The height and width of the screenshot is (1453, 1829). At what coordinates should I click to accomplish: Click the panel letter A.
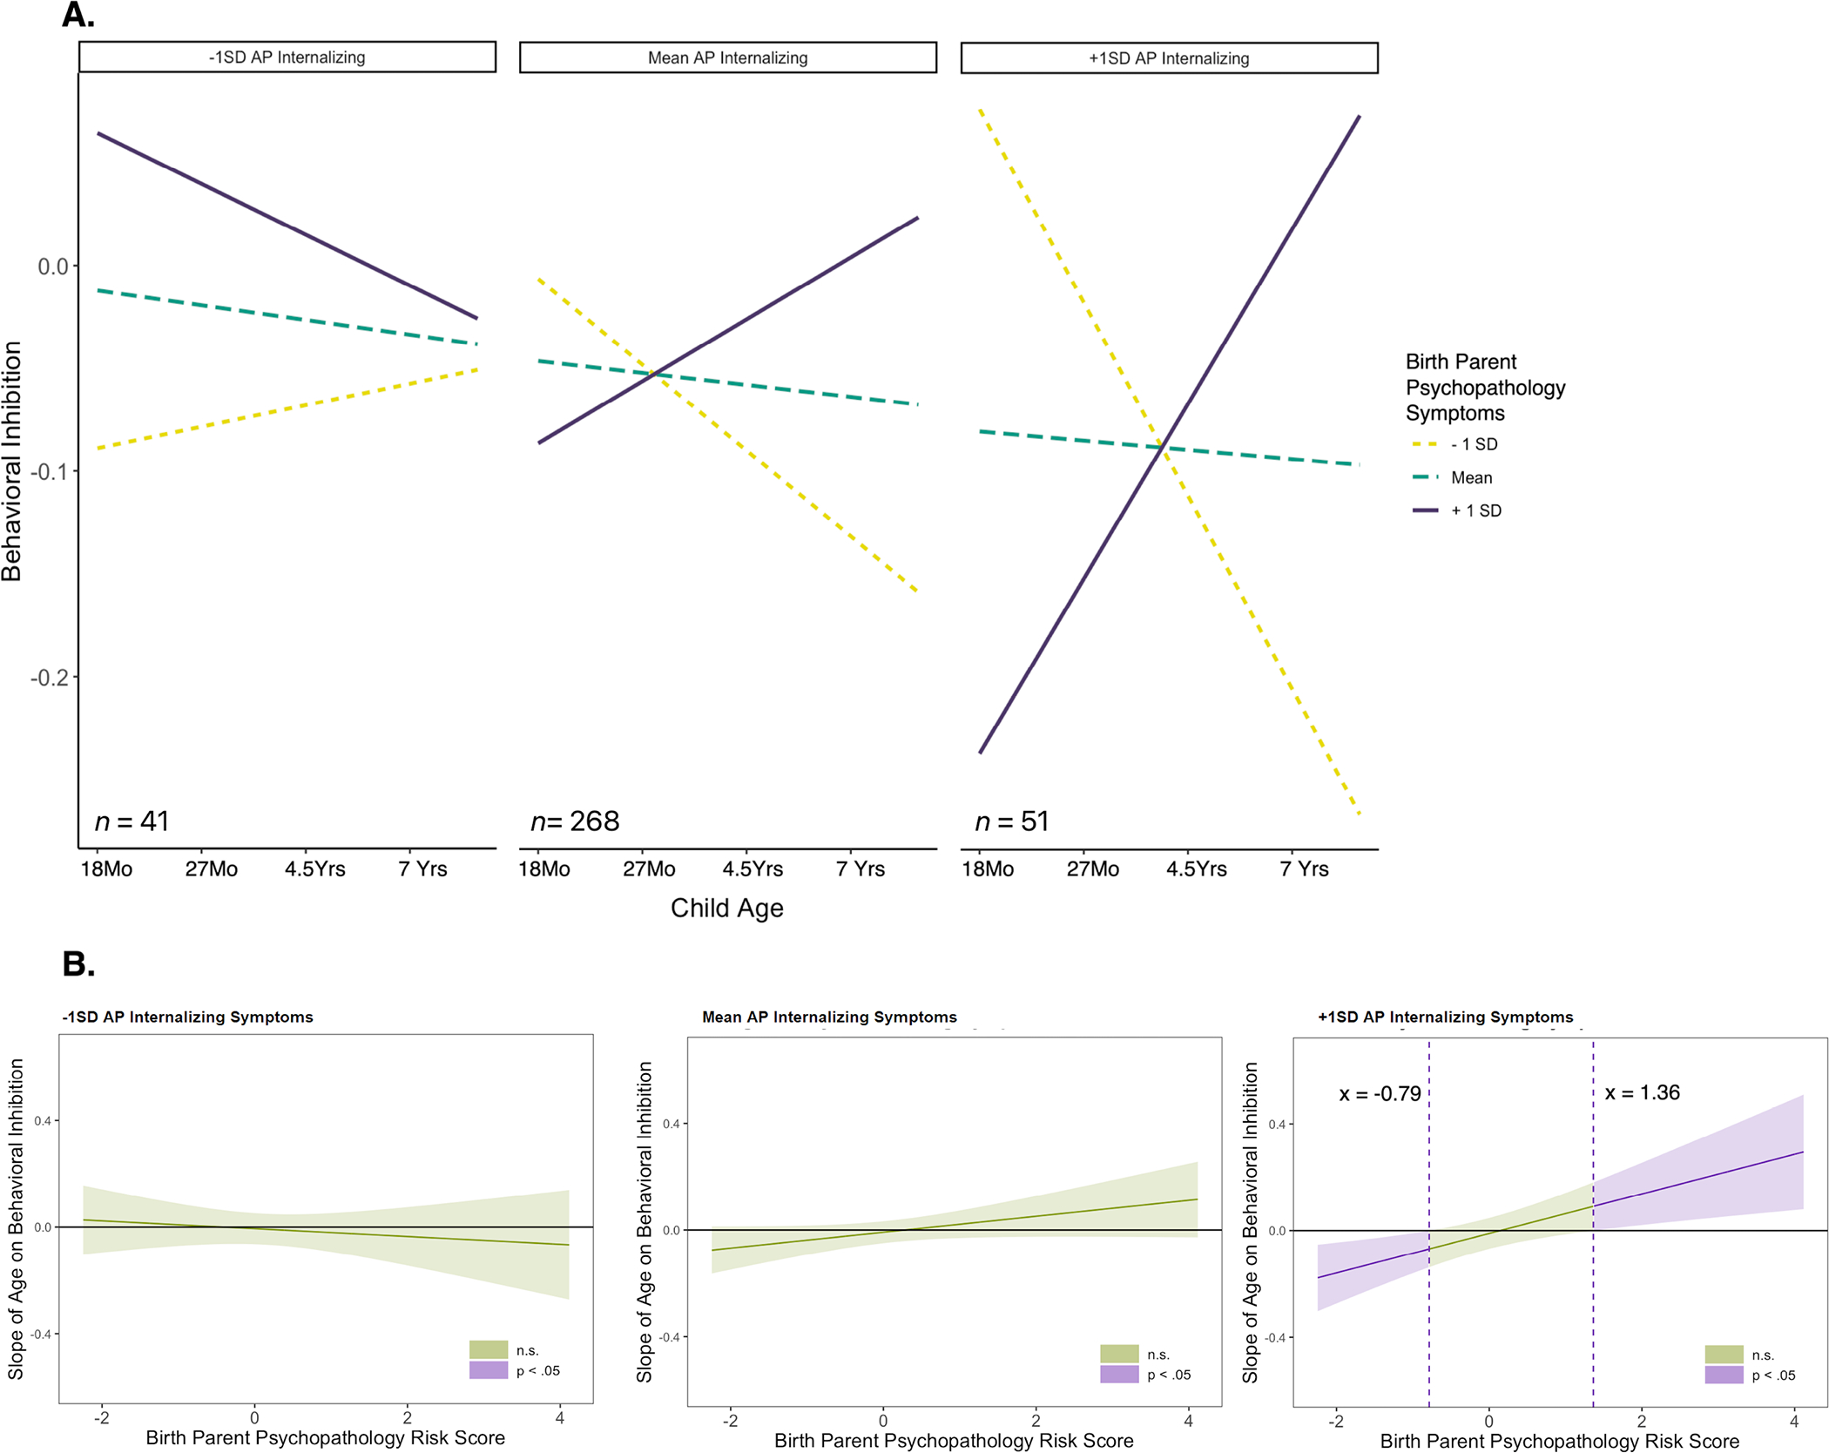78,15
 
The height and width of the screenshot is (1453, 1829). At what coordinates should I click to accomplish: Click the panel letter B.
78,964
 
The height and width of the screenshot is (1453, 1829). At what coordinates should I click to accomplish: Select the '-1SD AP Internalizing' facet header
287,57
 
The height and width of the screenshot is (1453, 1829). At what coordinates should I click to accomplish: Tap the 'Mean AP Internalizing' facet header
727,58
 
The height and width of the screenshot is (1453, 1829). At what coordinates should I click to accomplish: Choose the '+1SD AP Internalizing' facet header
1169,58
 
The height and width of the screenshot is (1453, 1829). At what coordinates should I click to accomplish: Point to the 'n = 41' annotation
132,821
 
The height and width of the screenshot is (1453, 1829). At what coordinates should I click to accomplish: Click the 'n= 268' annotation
575,821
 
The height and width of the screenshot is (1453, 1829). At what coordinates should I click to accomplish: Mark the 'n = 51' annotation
1011,821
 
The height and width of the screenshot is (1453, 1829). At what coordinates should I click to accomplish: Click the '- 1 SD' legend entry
1474,444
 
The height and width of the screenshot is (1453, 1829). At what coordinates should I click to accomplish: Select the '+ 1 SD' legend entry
1475,511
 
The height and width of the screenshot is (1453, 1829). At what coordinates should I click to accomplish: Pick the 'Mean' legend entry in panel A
1471,478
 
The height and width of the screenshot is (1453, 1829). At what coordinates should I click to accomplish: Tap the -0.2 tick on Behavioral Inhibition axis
49,678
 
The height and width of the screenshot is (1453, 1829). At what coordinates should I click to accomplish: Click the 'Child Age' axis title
726,909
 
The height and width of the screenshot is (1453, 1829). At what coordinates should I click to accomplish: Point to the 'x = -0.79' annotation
1380,1094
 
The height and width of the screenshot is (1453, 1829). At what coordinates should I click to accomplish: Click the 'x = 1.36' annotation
1642,1093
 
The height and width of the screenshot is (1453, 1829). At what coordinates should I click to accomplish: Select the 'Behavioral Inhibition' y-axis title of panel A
12,461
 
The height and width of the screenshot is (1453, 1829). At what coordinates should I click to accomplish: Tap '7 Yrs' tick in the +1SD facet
1304,869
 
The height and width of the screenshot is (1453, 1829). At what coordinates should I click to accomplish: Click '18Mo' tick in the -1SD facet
106,869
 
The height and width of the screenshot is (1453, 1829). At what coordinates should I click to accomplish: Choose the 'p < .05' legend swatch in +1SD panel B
1724,1375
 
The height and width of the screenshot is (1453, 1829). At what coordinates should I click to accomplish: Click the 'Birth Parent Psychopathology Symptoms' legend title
1485,388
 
